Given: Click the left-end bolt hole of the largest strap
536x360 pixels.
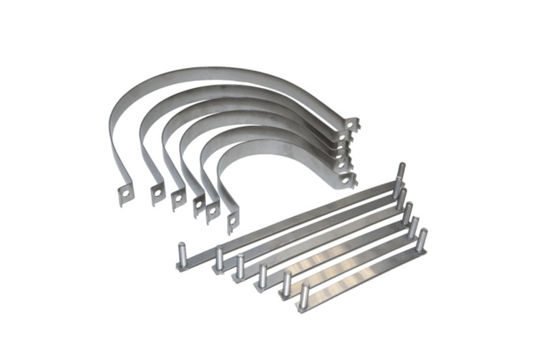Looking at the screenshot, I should coord(126,193).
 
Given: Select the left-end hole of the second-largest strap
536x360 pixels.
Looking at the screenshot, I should coord(155,192).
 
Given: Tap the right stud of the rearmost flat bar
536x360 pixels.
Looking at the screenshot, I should coord(401,172).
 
